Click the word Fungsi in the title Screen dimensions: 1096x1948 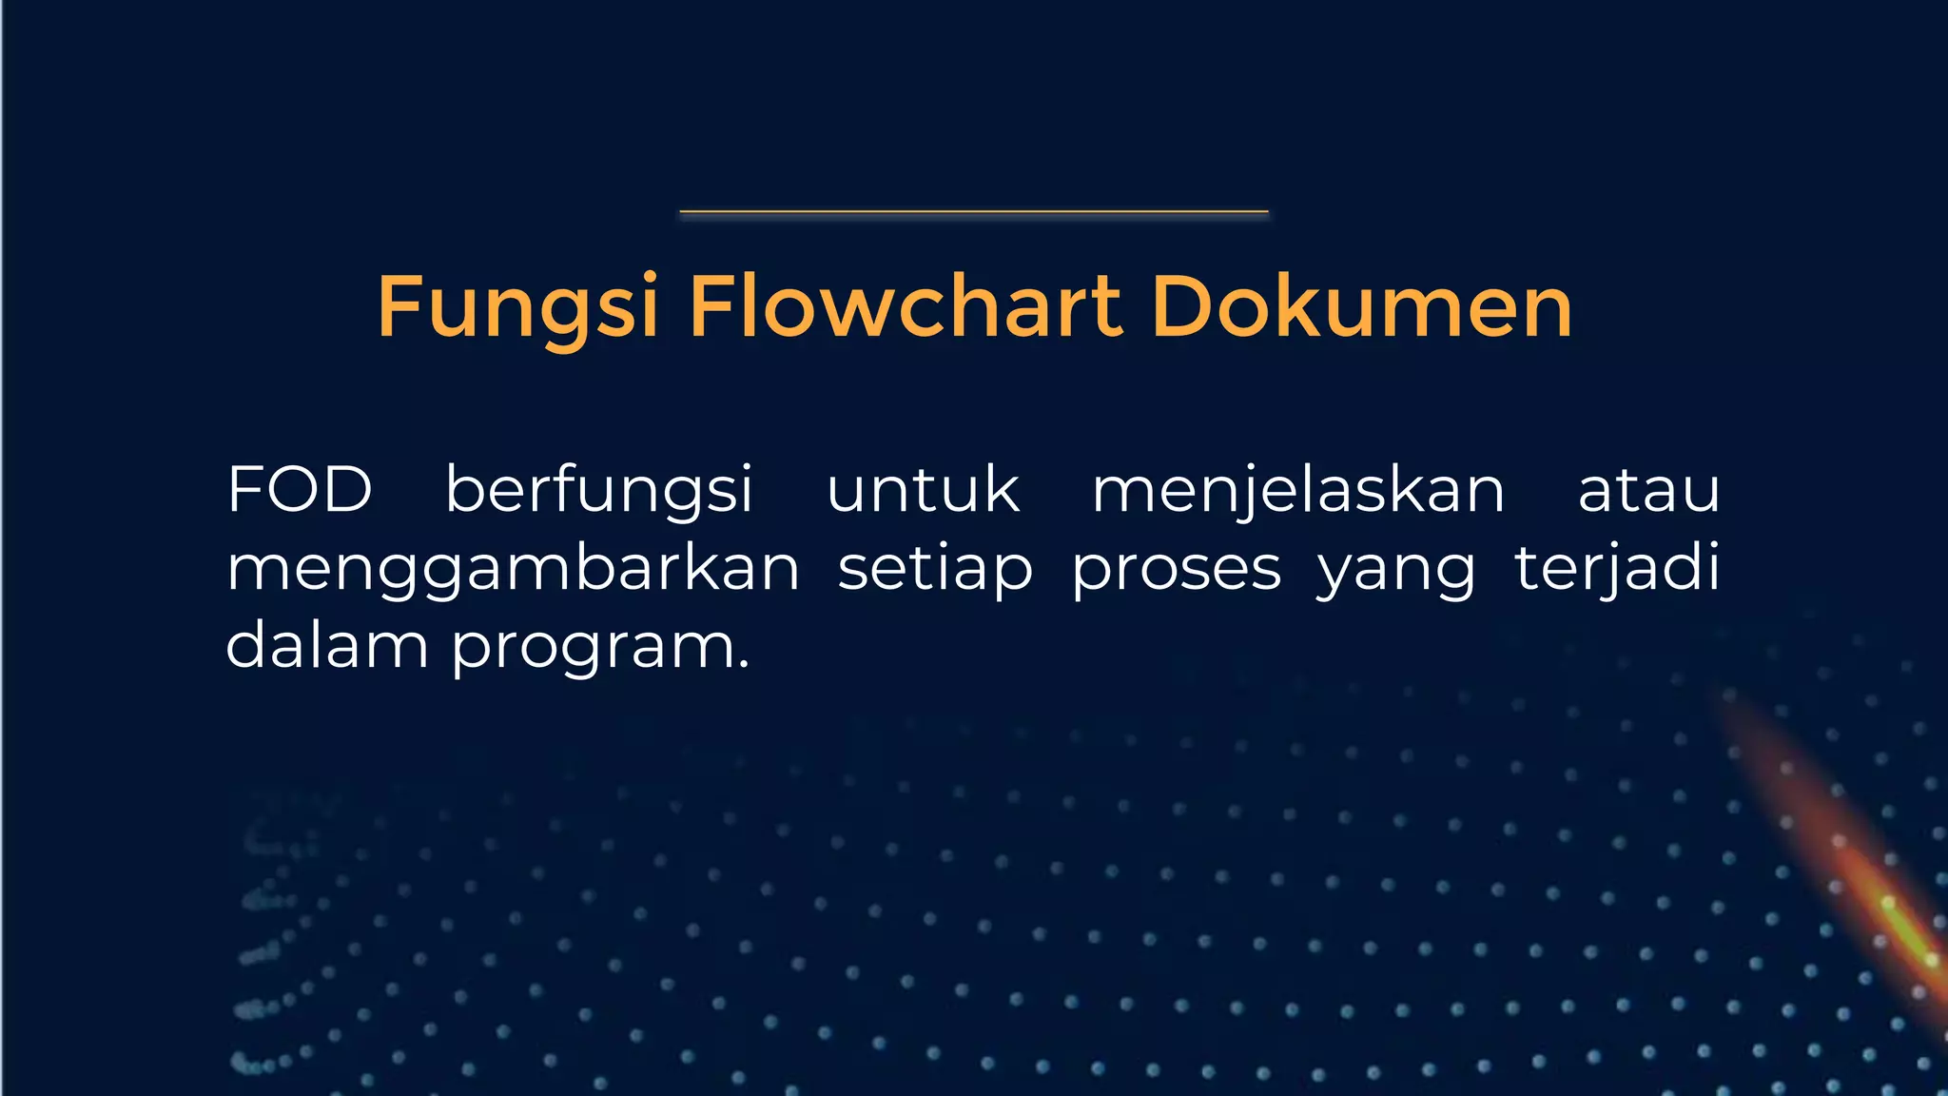(x=517, y=307)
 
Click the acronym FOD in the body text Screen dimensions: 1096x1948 (x=299, y=491)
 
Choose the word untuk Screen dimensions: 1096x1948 (x=923, y=491)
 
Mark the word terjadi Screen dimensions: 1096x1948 (x=1617, y=569)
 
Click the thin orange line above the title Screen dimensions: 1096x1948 (x=974, y=211)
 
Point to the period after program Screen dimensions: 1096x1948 (x=744, y=665)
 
